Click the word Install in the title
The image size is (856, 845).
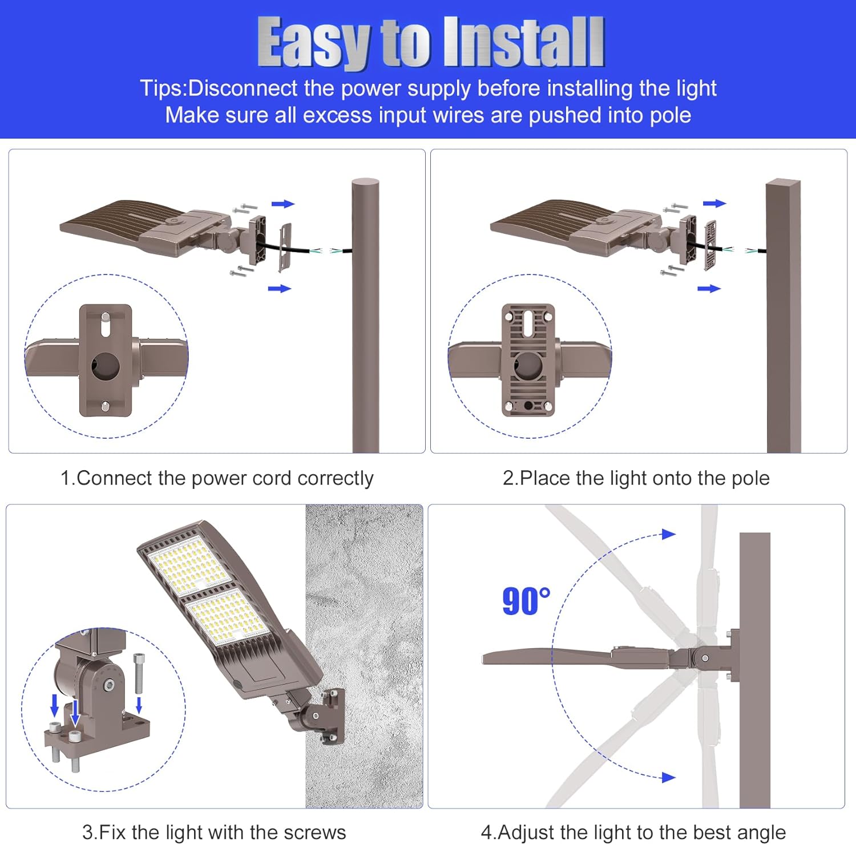point(523,43)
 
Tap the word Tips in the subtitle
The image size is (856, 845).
point(162,88)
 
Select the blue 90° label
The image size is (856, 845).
point(526,601)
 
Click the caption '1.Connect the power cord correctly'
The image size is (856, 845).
point(217,478)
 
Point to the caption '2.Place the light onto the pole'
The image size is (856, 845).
point(636,478)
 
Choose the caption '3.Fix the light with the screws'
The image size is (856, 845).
point(214,832)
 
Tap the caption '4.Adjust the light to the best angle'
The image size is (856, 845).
point(633,832)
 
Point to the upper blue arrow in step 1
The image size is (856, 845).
point(282,204)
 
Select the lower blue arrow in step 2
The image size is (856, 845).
point(709,289)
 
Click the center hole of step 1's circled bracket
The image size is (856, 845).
point(106,365)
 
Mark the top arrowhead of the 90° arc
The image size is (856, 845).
point(668,534)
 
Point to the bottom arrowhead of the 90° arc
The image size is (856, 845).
point(668,777)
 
